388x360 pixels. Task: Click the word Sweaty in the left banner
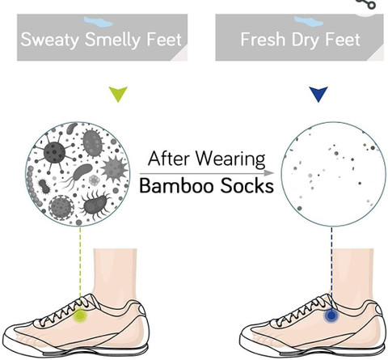49,40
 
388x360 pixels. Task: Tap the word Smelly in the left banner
113,40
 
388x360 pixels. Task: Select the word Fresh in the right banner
263,40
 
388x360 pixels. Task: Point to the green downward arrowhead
118,94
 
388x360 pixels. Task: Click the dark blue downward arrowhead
318,94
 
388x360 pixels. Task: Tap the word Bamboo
178,186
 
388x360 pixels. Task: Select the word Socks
247,186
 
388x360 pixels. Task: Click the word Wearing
230,159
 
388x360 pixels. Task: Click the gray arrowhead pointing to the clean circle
269,173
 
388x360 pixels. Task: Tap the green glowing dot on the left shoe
80,316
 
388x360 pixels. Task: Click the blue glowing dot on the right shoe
331,316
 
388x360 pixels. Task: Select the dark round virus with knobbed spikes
55,153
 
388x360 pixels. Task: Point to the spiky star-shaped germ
114,168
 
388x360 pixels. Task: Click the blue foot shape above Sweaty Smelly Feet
99,22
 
